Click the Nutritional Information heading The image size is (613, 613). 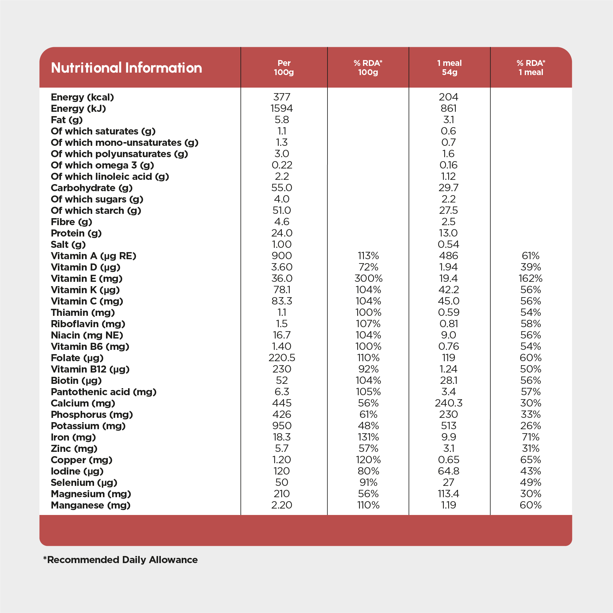[126, 68]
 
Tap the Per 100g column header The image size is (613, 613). [284, 68]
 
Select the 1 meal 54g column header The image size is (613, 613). [449, 68]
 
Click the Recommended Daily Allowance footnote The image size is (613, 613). [121, 560]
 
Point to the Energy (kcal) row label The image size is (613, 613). [82, 97]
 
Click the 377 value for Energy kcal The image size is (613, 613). [282, 97]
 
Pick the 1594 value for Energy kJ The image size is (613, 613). [282, 108]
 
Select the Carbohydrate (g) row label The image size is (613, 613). [91, 188]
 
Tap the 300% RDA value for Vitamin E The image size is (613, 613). [368, 278]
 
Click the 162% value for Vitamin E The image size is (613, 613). [531, 278]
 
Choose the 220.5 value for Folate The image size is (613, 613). [282, 358]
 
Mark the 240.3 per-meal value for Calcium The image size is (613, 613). [448, 403]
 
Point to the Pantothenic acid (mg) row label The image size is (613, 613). [104, 392]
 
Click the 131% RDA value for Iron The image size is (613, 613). [368, 437]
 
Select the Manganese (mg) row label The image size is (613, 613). [90, 505]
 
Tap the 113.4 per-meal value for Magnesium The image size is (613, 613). [448, 494]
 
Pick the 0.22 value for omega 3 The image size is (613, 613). [282, 165]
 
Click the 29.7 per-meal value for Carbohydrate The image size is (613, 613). [448, 187]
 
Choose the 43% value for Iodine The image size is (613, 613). [531, 471]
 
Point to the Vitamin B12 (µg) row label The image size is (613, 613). [90, 369]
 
